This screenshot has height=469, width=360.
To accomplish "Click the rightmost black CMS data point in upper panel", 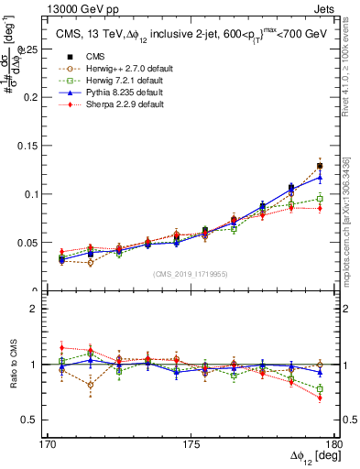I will [x=319, y=166].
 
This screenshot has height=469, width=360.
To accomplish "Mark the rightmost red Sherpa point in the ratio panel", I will [x=319, y=398].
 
